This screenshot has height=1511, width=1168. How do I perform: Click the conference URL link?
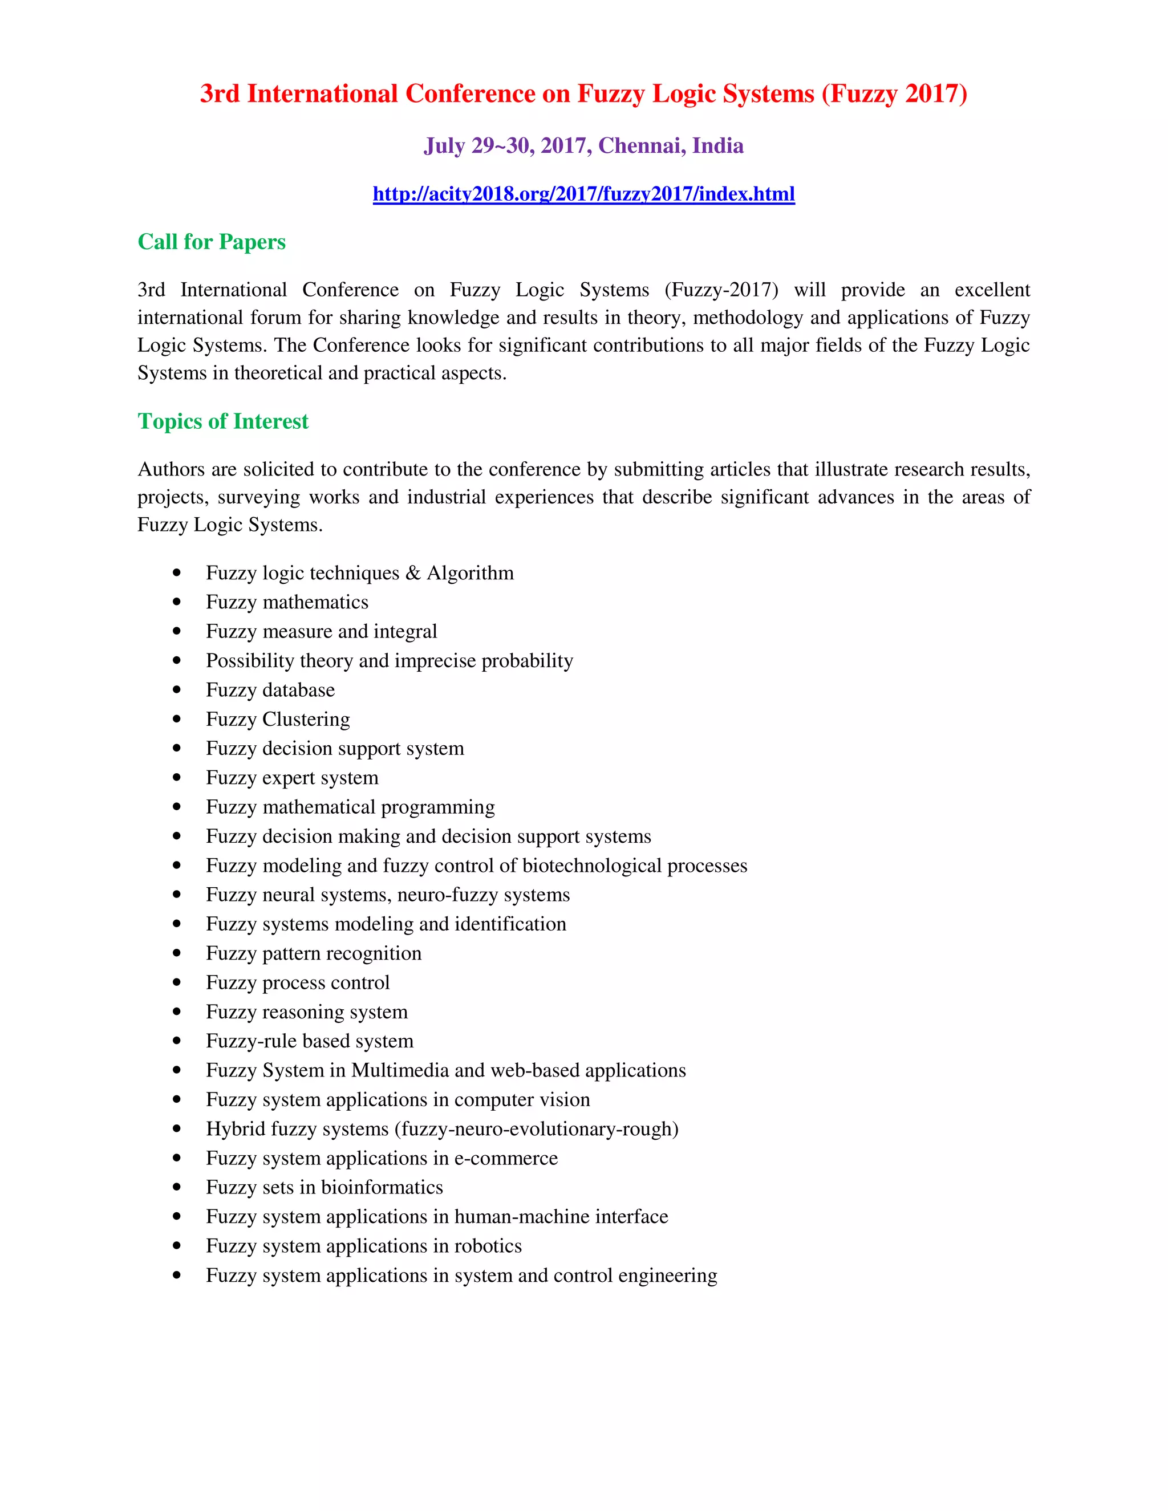pos(583,194)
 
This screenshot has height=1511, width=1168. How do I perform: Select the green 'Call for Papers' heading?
pos(211,242)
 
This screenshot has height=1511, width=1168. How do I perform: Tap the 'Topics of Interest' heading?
pos(223,421)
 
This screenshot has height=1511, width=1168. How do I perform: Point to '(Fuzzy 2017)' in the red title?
pos(894,94)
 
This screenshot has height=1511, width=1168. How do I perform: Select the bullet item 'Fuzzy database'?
pos(270,690)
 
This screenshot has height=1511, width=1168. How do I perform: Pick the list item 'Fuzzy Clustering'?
pos(278,720)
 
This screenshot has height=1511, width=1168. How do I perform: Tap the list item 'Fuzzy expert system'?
pos(292,778)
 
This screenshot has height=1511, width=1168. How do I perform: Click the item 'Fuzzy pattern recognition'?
pos(314,953)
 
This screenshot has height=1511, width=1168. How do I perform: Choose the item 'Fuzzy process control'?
pos(298,982)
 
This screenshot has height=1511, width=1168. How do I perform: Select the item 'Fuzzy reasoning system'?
pos(306,1012)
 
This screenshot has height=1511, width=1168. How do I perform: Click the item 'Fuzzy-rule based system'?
pos(309,1041)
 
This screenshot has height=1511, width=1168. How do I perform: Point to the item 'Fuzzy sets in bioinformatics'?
pos(324,1187)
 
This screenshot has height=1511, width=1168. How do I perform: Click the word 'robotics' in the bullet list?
pos(488,1246)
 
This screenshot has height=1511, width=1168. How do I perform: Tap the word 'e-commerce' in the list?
pos(506,1158)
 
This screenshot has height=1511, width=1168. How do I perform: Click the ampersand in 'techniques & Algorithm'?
pos(413,574)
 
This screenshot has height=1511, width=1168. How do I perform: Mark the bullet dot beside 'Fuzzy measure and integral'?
pos(177,631)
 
